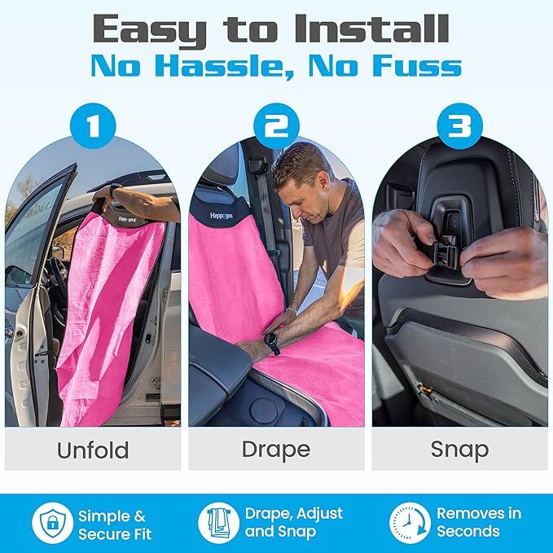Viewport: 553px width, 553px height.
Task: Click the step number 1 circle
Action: pyautogui.click(x=92, y=127)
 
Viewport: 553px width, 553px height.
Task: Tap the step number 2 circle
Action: pyautogui.click(x=276, y=127)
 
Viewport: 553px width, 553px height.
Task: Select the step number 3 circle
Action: pyautogui.click(x=460, y=127)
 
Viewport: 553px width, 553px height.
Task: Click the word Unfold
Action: pyautogui.click(x=92, y=450)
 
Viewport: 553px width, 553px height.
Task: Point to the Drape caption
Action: pyautogui.click(x=276, y=450)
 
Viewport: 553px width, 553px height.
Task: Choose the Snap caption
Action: pyautogui.click(x=459, y=450)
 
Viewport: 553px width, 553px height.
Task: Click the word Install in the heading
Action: pyautogui.click(x=371, y=30)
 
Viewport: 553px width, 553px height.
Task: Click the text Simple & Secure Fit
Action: pyautogui.click(x=115, y=524)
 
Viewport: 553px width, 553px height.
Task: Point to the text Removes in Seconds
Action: pyautogui.click(x=478, y=523)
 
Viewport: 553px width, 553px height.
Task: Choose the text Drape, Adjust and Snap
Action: pyautogui.click(x=293, y=523)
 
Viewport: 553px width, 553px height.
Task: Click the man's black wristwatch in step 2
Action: pyautogui.click(x=271, y=343)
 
